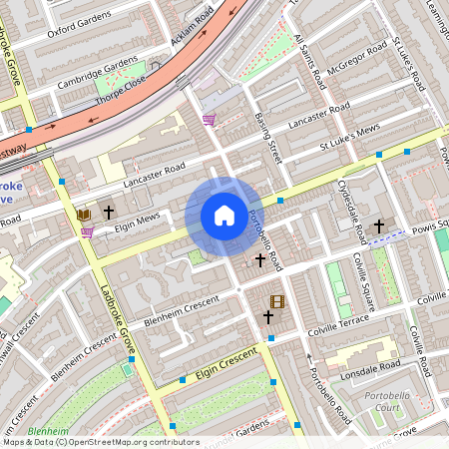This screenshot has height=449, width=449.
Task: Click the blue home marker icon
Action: [x=224, y=216]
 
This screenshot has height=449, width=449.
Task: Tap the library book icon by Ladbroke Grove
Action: [x=84, y=215]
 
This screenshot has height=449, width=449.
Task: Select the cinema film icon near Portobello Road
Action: [x=276, y=301]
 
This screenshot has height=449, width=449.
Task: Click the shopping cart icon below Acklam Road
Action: [x=209, y=120]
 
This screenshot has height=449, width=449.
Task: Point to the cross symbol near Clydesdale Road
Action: [x=378, y=226]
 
